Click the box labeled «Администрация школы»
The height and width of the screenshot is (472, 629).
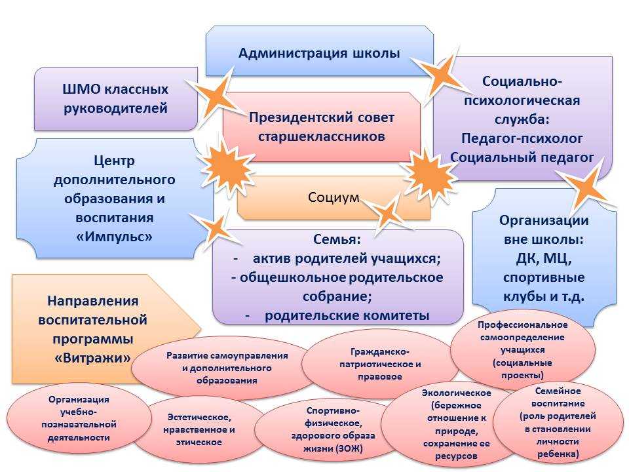[319, 51]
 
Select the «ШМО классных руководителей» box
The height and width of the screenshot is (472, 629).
[115, 99]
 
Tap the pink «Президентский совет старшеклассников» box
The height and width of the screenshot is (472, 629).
[322, 127]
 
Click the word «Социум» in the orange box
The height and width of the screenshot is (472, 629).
[334, 197]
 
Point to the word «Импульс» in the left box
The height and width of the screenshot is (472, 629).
[114, 237]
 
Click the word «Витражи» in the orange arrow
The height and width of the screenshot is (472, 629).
[92, 358]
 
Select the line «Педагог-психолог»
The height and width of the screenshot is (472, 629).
[522, 138]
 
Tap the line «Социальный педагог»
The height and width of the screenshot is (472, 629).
[522, 157]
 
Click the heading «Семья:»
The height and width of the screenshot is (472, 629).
[337, 239]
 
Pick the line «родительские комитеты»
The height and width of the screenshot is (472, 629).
[347, 315]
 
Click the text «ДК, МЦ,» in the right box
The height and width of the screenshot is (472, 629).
[544, 258]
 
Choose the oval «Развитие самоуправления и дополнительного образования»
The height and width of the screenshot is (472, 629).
[227, 368]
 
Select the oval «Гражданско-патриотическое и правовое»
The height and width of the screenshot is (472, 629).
[380, 364]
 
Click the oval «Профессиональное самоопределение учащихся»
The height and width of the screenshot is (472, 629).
[523, 350]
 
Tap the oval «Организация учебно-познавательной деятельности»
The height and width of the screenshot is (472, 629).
[79, 418]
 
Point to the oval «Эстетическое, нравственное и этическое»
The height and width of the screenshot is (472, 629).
[199, 429]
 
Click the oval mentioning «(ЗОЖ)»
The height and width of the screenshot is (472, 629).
[333, 429]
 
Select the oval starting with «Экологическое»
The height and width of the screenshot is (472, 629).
[456, 424]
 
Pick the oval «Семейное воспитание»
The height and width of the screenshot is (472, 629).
[558, 422]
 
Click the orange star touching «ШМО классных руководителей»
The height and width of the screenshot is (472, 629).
[217, 98]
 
